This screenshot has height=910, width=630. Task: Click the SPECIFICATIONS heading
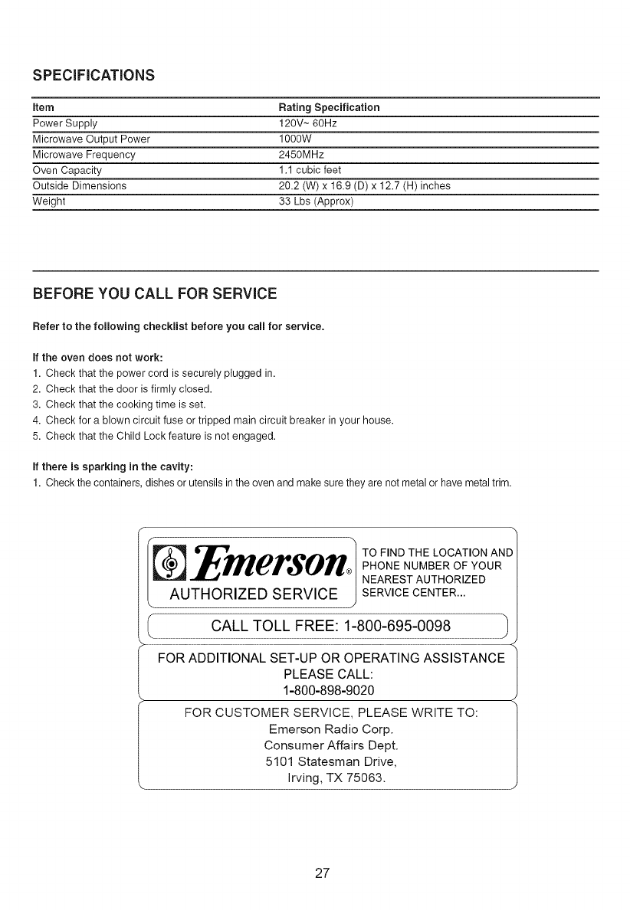[94, 75]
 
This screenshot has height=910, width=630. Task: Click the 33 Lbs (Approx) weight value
[316, 201]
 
